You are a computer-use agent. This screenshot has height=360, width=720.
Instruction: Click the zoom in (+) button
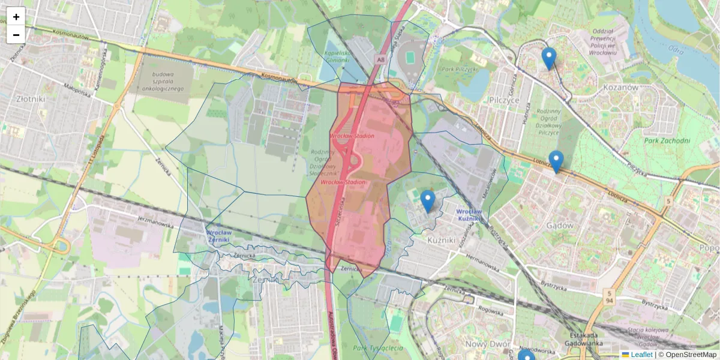(x=16, y=17)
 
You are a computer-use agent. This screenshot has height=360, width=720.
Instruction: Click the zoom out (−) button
(x=16, y=35)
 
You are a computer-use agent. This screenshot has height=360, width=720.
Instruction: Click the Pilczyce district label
(x=503, y=100)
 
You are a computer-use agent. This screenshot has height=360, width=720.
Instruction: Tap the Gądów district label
(x=560, y=226)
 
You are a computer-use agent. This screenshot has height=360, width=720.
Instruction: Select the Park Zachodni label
(x=667, y=141)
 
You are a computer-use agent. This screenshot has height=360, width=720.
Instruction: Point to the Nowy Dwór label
(x=486, y=344)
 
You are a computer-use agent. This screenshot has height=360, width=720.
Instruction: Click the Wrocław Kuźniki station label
(x=469, y=215)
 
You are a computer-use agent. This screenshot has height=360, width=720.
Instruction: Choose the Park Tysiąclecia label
(x=378, y=349)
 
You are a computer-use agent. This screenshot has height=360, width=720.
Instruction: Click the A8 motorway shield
(x=380, y=59)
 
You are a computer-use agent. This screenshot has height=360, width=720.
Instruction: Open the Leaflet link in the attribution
(x=641, y=355)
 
